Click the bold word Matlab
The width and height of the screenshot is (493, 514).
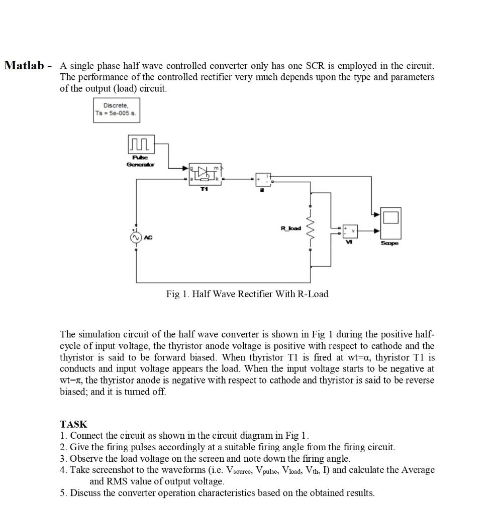[24, 66]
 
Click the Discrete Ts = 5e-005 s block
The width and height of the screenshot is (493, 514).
[116, 109]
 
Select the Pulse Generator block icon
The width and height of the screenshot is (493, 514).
[141, 144]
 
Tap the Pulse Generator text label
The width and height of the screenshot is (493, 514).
[141, 161]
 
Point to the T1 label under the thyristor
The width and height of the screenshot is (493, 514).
[204, 190]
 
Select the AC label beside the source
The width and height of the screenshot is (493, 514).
[148, 238]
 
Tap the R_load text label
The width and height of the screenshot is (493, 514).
[291, 229]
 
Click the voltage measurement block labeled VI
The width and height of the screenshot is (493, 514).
[350, 231]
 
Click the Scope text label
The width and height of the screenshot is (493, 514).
[390, 243]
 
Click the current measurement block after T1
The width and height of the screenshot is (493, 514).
[263, 179]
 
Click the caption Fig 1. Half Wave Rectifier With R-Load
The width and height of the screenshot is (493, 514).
[247, 294]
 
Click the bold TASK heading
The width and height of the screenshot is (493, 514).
[73, 424]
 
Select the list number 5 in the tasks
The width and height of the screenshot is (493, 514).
[63, 493]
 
